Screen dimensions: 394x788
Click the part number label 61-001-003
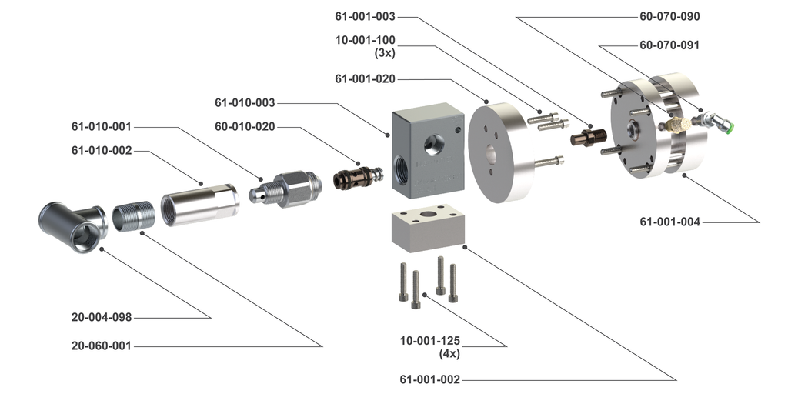[366, 16]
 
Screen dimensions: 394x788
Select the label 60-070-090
[669, 16]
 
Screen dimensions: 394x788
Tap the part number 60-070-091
[669, 45]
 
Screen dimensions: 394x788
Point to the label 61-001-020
[366, 78]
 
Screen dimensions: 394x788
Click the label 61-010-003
[245, 102]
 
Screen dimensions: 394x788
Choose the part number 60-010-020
[245, 126]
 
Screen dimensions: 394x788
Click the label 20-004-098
[102, 317]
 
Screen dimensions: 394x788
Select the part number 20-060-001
[102, 346]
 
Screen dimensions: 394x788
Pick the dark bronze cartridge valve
[357, 177]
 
